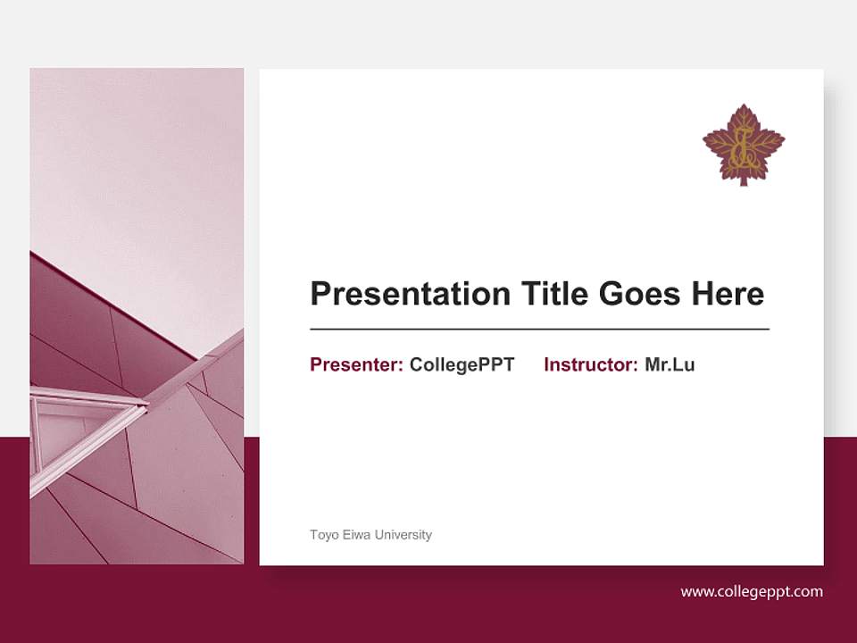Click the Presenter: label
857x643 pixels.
click(x=356, y=364)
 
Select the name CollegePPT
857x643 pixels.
click(x=462, y=364)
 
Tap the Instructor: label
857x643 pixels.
click(x=590, y=364)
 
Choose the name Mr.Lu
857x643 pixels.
click(x=670, y=364)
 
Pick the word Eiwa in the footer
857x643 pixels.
click(x=355, y=535)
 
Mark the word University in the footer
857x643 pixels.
click(x=403, y=535)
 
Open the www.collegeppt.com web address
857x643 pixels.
click(x=752, y=591)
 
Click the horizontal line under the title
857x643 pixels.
click(x=539, y=330)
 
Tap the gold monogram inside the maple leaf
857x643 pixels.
click(x=742, y=149)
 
